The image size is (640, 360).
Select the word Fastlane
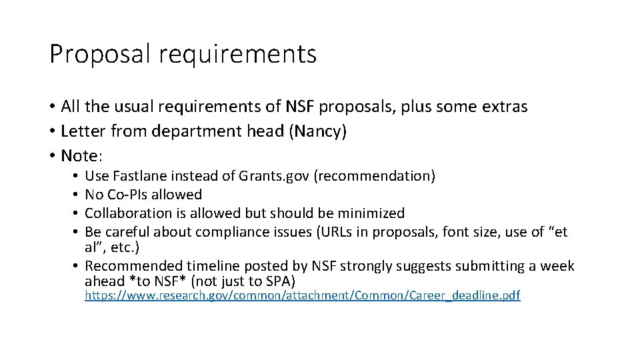tap(141, 176)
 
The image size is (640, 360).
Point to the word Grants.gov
tap(275, 176)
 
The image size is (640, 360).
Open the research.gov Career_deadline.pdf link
tap(302, 295)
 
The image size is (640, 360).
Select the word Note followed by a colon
tap(79, 156)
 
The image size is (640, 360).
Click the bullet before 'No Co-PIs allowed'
tap(78, 195)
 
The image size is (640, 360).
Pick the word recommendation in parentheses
tap(375, 176)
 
